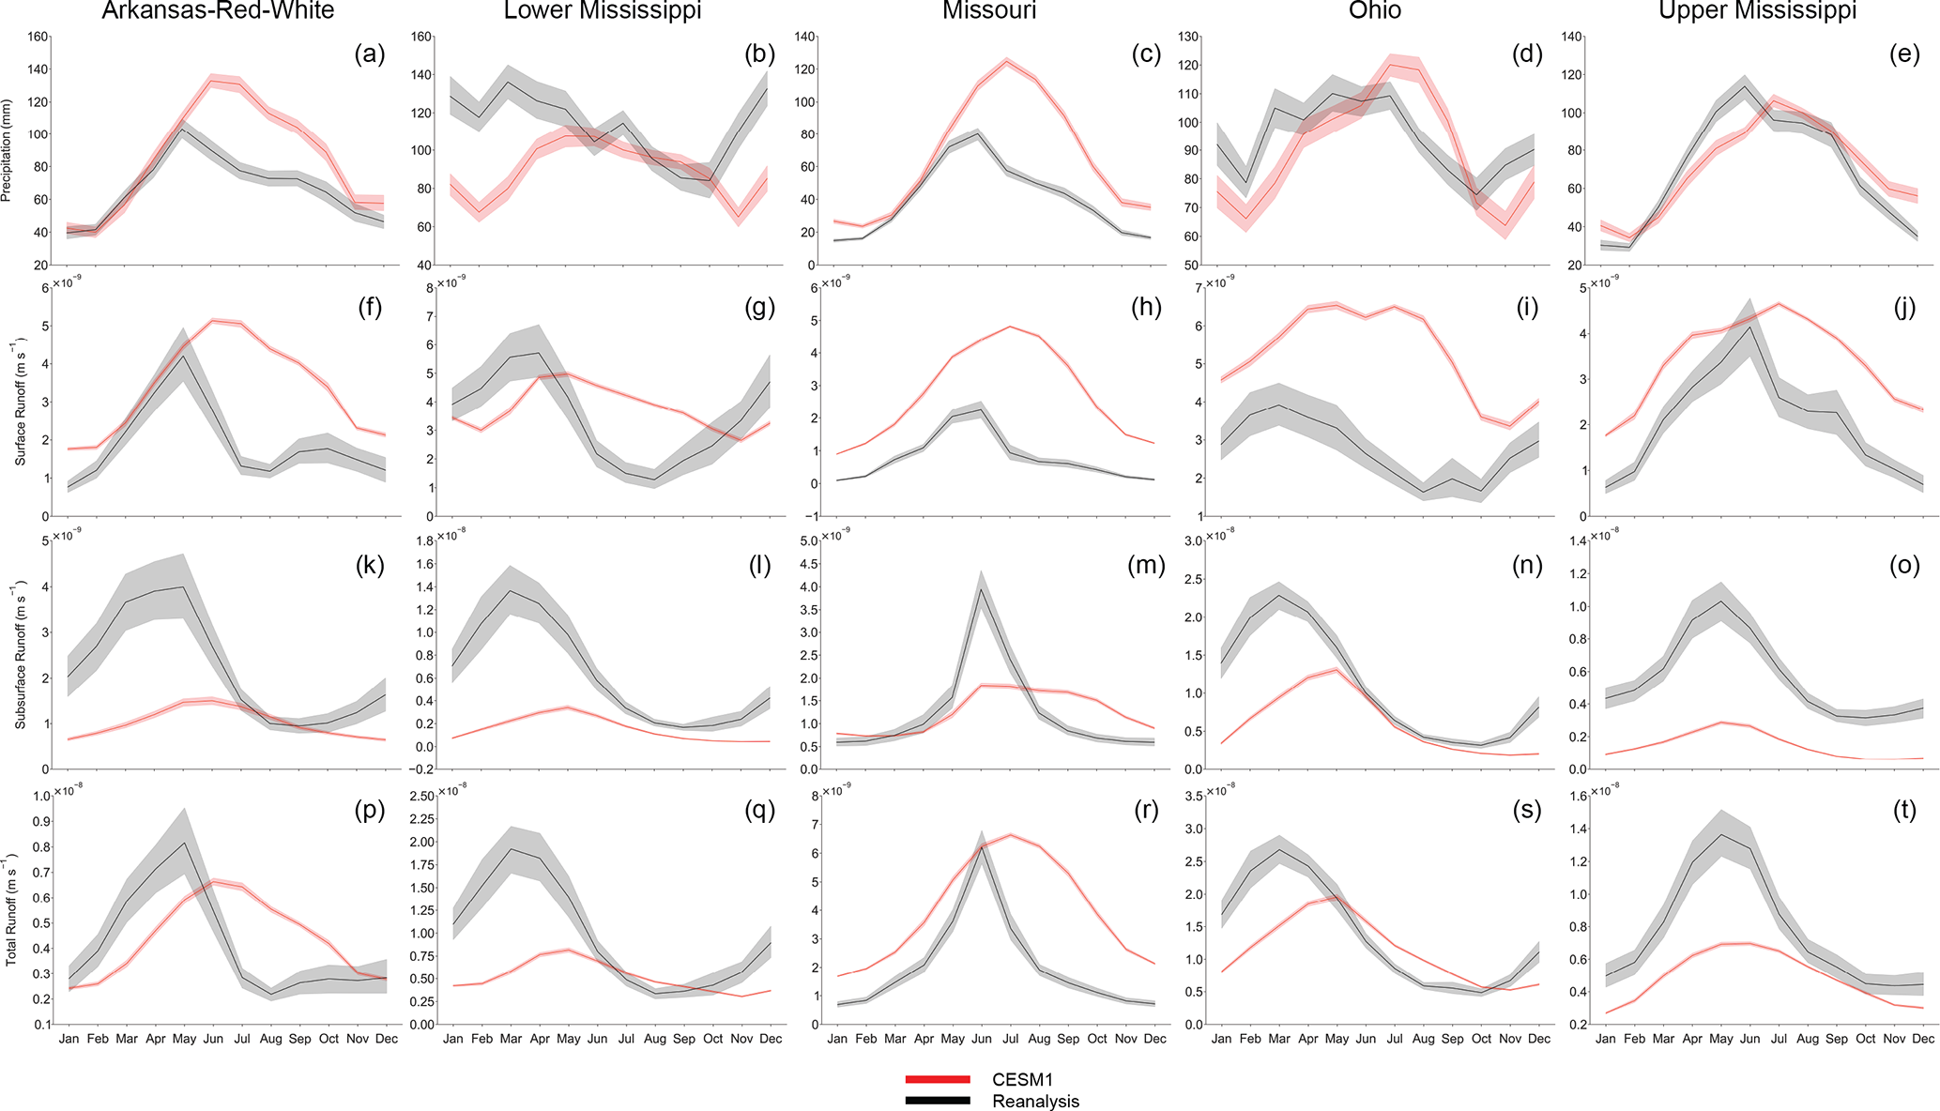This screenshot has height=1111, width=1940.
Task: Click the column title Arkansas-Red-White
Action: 218,11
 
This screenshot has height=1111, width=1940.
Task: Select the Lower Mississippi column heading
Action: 603,11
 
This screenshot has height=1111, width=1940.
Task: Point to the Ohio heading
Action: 1375,11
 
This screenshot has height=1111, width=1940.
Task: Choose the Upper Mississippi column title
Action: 1758,11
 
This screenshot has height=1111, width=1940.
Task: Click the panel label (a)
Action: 369,54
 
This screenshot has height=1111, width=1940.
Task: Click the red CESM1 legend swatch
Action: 937,1080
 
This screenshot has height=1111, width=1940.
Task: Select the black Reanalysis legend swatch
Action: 937,1101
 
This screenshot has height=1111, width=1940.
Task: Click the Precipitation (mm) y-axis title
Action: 8,151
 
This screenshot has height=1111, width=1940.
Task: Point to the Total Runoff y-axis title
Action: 11,909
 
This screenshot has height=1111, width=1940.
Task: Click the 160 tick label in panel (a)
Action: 38,38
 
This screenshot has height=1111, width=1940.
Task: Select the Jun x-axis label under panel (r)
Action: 982,1039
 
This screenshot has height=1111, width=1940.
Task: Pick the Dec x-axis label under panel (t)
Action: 1923,1039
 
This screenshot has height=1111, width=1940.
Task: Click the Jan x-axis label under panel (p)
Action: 69,1039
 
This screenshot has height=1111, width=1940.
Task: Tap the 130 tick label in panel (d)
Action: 1190,38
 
